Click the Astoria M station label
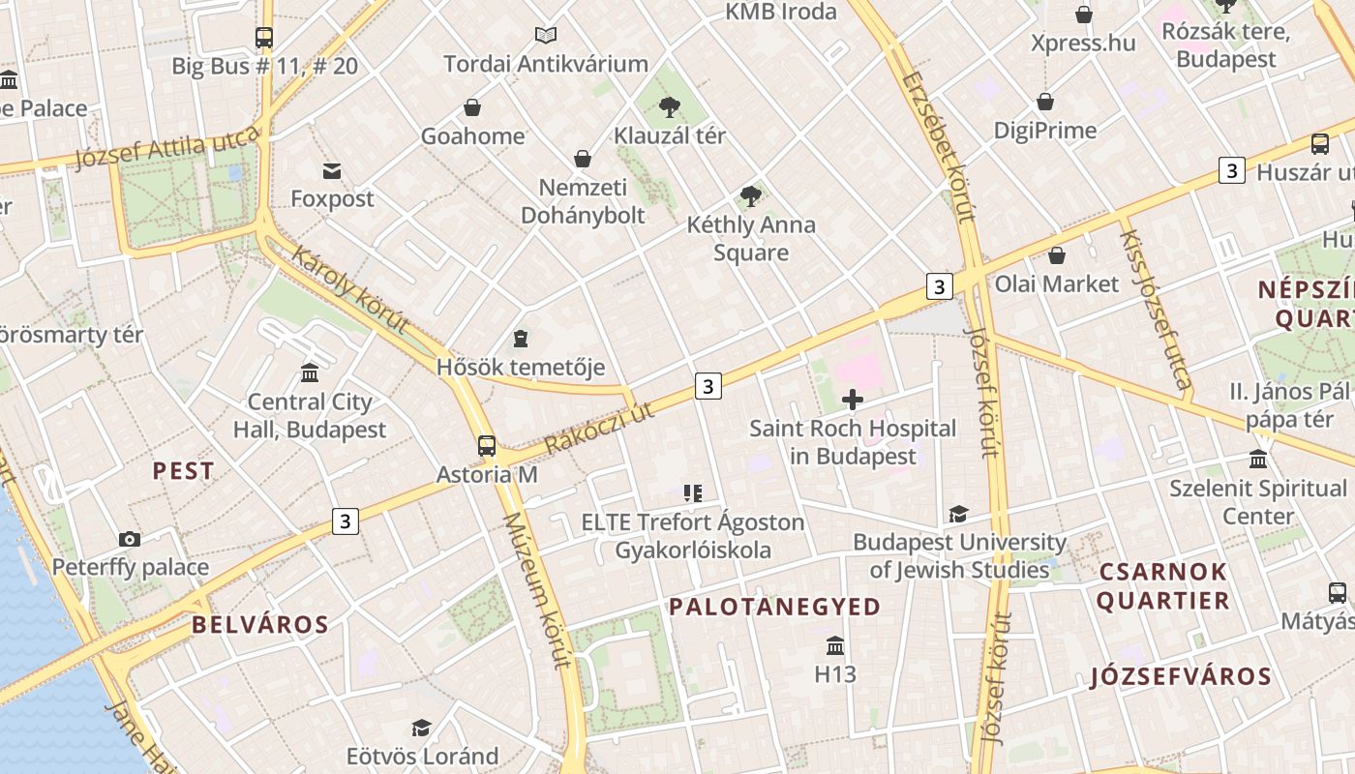[487, 475]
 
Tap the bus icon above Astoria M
[487, 446]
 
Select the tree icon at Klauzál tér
[669, 106]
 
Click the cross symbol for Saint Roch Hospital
[853, 400]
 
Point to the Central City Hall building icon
[310, 373]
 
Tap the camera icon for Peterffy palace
[130, 539]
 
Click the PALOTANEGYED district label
[775, 607]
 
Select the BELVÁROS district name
[260, 624]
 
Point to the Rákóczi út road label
[600, 427]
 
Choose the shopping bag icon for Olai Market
[1057, 255]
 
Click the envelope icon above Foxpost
[332, 171]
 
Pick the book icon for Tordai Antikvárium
[546, 36]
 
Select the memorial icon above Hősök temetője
[521, 339]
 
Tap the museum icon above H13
[835, 645]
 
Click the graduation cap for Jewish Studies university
[958, 514]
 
